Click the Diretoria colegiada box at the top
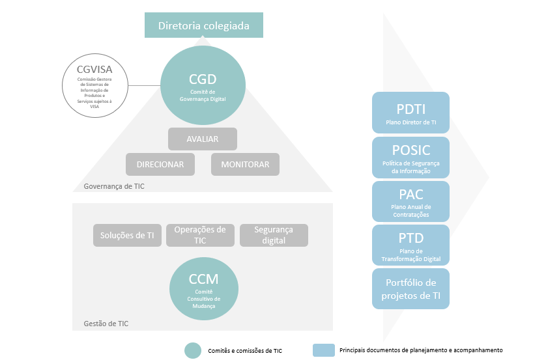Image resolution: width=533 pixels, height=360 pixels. coord(204,27)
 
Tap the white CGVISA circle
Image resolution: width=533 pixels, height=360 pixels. coord(94,85)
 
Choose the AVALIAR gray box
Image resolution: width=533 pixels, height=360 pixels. coord(202,139)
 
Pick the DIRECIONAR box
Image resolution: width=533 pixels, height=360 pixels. coord(160,165)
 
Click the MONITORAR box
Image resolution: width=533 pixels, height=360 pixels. coord(245,165)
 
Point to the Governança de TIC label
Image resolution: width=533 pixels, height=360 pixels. coord(114,187)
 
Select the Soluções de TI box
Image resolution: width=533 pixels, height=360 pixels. coord(127,235)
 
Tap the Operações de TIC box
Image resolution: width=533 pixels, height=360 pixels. coord(200,235)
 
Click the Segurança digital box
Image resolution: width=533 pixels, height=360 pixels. coord(274,235)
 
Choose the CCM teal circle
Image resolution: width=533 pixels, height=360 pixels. coord(203,285)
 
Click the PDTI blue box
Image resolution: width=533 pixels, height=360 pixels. coord(411,112)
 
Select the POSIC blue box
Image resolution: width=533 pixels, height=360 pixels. coord(411,156)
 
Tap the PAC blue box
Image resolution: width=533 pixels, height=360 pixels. coord(411,201)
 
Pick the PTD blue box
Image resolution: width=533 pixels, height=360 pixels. coord(411,245)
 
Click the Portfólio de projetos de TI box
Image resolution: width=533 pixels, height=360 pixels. coord(411,288)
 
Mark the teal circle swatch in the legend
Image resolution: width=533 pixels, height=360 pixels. coord(193,350)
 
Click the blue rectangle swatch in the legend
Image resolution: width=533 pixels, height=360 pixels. coord(323,350)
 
